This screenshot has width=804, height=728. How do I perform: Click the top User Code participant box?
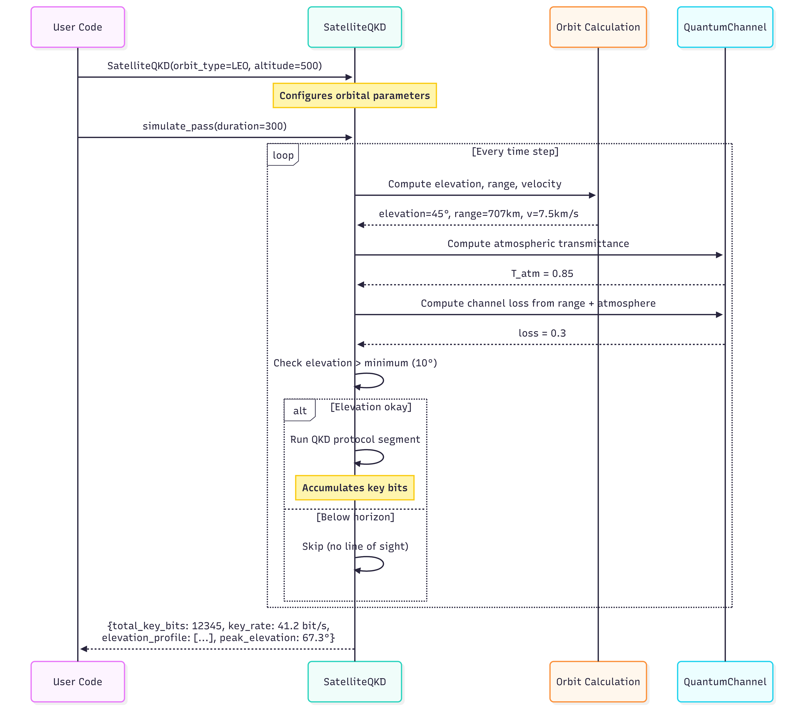78,27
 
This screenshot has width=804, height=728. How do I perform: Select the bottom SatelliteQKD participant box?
354,682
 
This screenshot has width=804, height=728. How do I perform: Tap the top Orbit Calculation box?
598,27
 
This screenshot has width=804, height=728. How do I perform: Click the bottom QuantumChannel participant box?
725,682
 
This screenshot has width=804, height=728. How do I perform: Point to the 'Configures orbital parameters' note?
354,96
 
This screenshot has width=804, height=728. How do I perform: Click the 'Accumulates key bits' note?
354,488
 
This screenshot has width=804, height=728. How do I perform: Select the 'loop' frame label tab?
283,155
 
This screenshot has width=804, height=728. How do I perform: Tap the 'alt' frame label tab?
299,410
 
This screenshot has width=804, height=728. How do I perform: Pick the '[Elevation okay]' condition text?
371,407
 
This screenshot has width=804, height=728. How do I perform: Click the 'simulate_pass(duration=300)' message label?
215,126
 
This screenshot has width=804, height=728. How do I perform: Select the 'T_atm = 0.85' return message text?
542,274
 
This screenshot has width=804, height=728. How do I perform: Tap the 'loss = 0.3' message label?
542,333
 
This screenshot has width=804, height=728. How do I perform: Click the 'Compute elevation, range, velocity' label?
475,184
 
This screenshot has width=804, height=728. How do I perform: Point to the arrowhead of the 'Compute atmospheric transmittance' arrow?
719,255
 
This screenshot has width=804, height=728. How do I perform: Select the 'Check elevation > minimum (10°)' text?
355,363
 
